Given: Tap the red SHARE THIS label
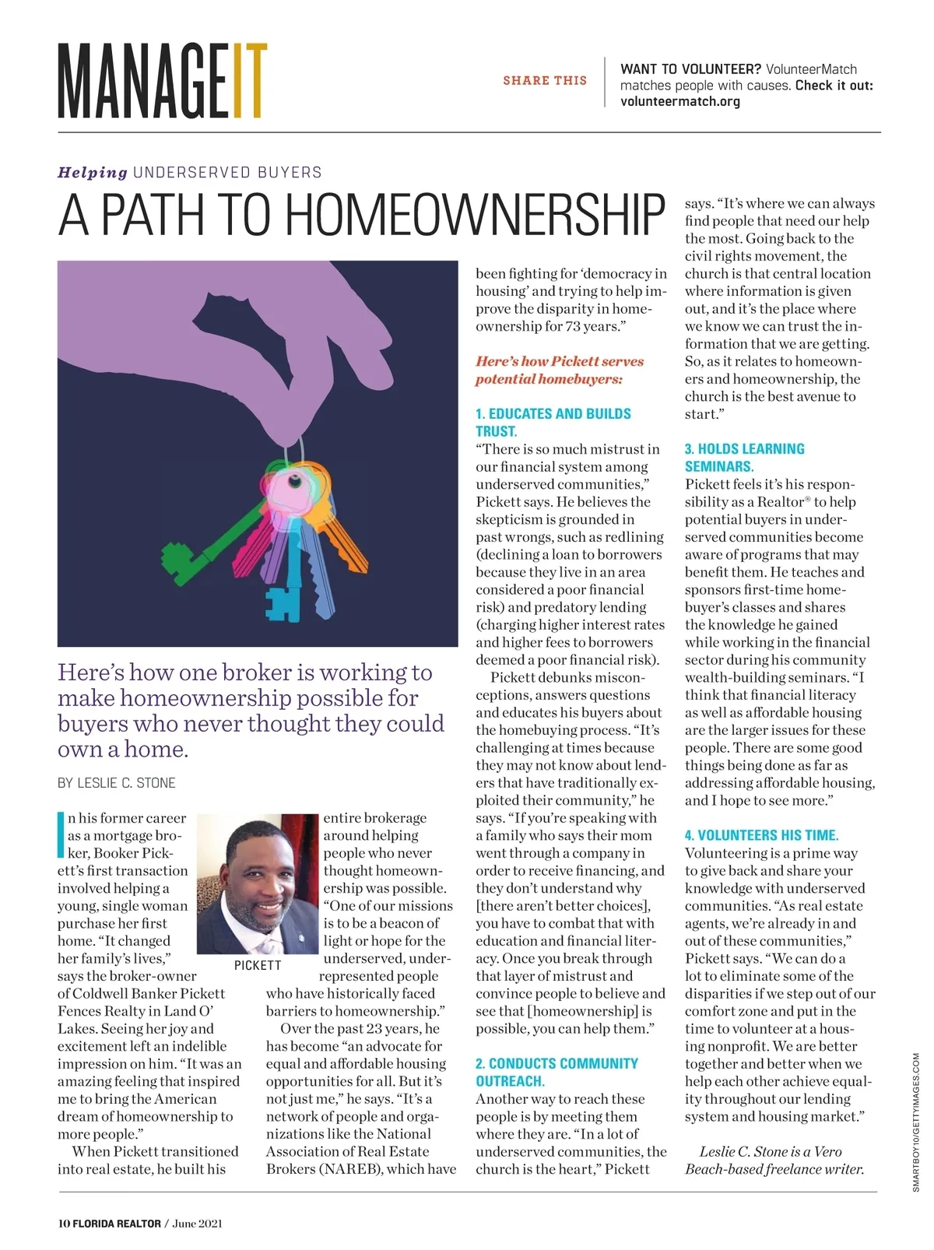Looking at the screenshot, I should coord(545,80).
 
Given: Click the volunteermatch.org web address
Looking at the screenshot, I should coord(680,101).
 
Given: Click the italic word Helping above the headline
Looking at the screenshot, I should coord(93,172).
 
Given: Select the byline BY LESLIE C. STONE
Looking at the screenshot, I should coord(117,783).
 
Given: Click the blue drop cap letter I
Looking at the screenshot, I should coord(61,834).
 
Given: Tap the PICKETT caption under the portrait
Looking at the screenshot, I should coord(258,966).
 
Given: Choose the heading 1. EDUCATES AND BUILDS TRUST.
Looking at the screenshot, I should coord(553,422).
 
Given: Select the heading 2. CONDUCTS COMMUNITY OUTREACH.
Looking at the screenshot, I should coord(557,1072).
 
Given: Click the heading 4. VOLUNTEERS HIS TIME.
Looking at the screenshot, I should coord(761,835).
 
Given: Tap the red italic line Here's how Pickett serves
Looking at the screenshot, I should coord(560,362).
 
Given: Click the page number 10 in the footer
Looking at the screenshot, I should coord(64,1223).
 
